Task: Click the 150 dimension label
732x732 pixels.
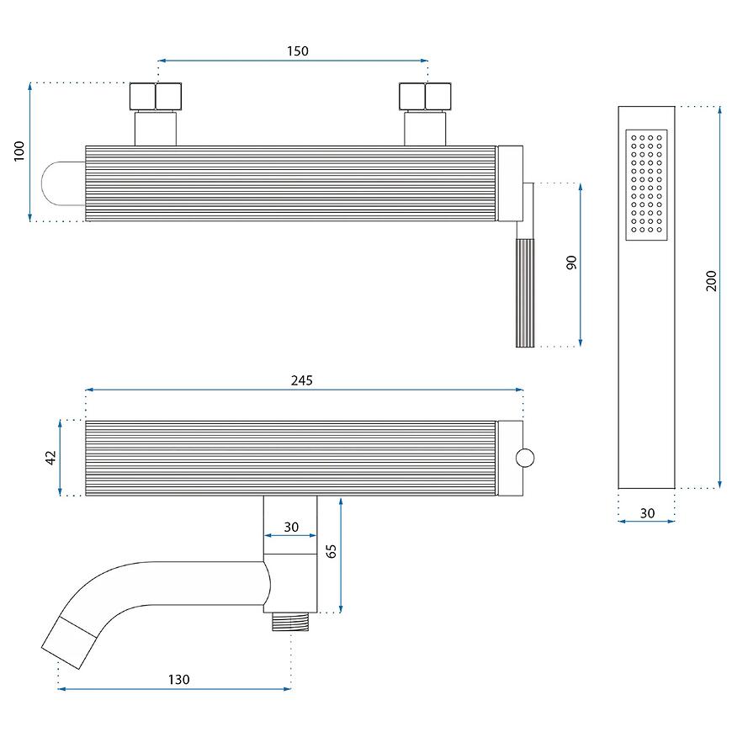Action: tap(297, 50)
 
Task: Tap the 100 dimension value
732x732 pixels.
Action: tap(19, 151)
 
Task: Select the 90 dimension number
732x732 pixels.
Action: tap(571, 263)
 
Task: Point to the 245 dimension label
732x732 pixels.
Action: tap(301, 380)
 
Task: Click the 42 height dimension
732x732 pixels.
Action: tap(50, 457)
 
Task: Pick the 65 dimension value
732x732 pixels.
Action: tap(331, 551)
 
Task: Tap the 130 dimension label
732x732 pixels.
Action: tap(179, 679)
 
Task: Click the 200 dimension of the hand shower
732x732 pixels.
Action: tap(710, 280)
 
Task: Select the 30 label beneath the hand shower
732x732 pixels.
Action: tap(647, 513)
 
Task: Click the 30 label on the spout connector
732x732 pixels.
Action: tap(291, 527)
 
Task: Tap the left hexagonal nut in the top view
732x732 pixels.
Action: tap(156, 97)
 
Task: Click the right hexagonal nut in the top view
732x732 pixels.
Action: tap(425, 97)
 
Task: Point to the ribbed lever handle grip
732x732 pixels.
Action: tap(525, 293)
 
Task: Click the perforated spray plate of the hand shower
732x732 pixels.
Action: tap(646, 185)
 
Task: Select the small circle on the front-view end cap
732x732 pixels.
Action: tap(525, 458)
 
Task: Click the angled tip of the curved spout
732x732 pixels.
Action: tap(69, 642)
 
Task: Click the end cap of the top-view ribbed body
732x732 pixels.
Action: tap(510, 183)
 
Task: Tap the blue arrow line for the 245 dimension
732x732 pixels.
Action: tap(305, 390)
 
